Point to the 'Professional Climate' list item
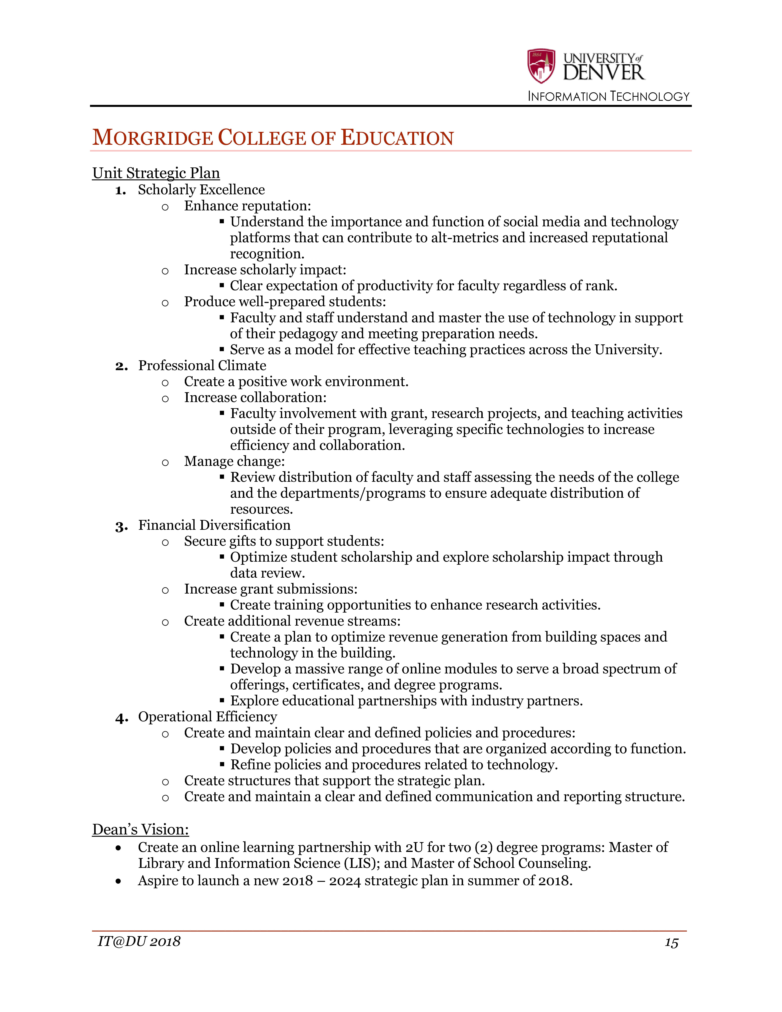tap(202, 366)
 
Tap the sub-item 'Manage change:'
tap(234, 462)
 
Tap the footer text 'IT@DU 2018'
tap(139, 942)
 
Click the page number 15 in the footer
tap(671, 943)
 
